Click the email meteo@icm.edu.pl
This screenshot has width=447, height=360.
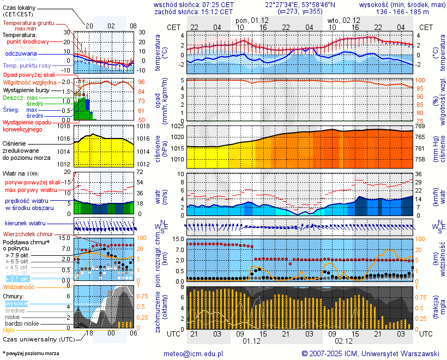click(194, 353)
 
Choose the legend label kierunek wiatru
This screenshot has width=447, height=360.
click(26, 224)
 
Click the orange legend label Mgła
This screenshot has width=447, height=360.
click(9, 330)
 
